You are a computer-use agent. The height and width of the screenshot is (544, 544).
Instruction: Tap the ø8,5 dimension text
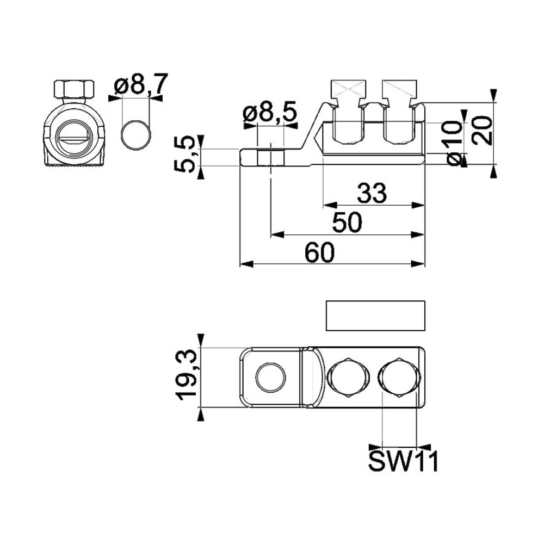tap(270, 113)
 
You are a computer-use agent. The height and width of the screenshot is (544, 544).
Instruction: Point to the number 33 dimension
tap(372, 193)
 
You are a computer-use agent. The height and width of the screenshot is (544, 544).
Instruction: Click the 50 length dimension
tap(347, 222)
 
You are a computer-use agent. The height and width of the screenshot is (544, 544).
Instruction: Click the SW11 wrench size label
tap(403, 461)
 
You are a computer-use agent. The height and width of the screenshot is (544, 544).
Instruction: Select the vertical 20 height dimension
tap(483, 131)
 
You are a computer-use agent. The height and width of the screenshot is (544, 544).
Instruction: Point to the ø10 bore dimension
tap(454, 143)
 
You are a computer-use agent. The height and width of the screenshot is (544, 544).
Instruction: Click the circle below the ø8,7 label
tap(136, 135)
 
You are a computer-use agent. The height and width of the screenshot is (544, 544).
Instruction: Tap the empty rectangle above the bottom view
tap(375, 316)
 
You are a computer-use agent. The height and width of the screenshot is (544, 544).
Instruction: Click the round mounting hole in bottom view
tap(270, 378)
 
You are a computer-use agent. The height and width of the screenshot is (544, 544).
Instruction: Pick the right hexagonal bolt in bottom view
tap(400, 377)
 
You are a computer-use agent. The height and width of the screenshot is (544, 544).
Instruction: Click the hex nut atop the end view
tap(74, 90)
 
